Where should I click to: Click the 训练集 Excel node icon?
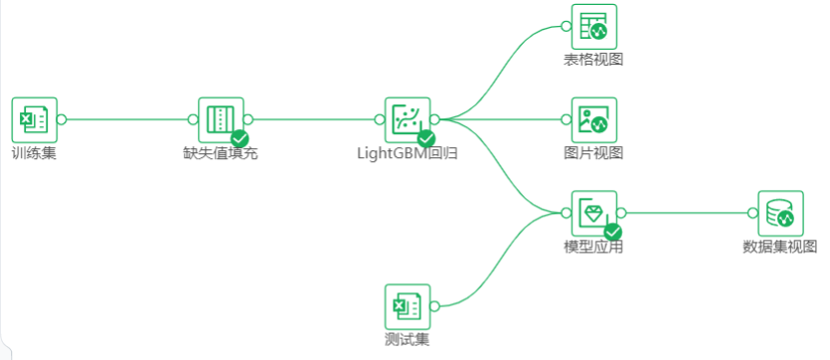34,119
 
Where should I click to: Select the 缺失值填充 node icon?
220,119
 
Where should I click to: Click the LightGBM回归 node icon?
407,119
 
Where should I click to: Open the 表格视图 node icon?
593,26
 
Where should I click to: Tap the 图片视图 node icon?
593,119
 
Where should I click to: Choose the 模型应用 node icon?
593,213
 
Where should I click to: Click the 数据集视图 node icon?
780,213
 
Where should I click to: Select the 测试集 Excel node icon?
407,306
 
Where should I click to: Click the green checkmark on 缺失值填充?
240,138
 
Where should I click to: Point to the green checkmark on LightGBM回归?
426,138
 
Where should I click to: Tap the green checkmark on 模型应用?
613,232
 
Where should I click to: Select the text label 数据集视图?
780,247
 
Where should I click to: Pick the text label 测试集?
407,340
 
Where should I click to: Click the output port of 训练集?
62,119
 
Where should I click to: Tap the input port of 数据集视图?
752,213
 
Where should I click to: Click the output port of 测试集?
434,306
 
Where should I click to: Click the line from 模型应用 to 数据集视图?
686,213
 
